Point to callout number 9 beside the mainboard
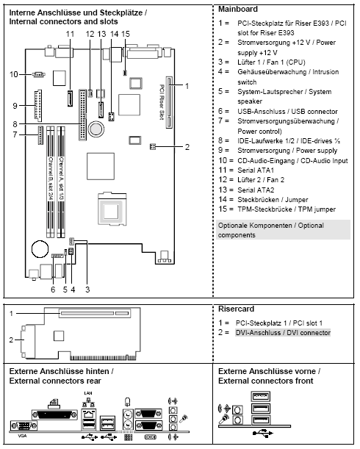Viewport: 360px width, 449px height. (x=14, y=107)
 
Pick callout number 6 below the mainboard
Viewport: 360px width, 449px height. (x=53, y=289)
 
